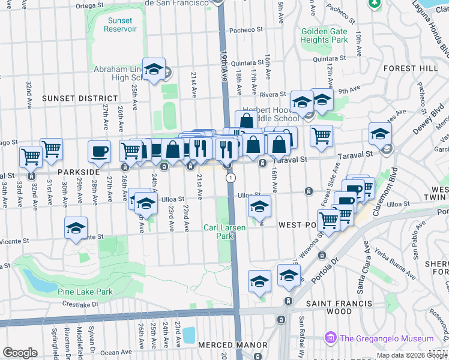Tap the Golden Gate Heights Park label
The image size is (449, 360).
tap(324, 35)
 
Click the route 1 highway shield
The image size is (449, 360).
tap(230, 178)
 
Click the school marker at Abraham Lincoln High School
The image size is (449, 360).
tap(154, 70)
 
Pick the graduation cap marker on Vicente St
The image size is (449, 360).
tap(76, 228)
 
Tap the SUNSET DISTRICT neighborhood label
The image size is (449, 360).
tap(80, 98)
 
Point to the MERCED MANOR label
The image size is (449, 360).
tap(232, 345)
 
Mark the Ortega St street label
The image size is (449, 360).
tap(90, 5)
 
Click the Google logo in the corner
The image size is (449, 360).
tap(20, 353)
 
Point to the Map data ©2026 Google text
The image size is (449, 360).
tap(411, 355)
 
